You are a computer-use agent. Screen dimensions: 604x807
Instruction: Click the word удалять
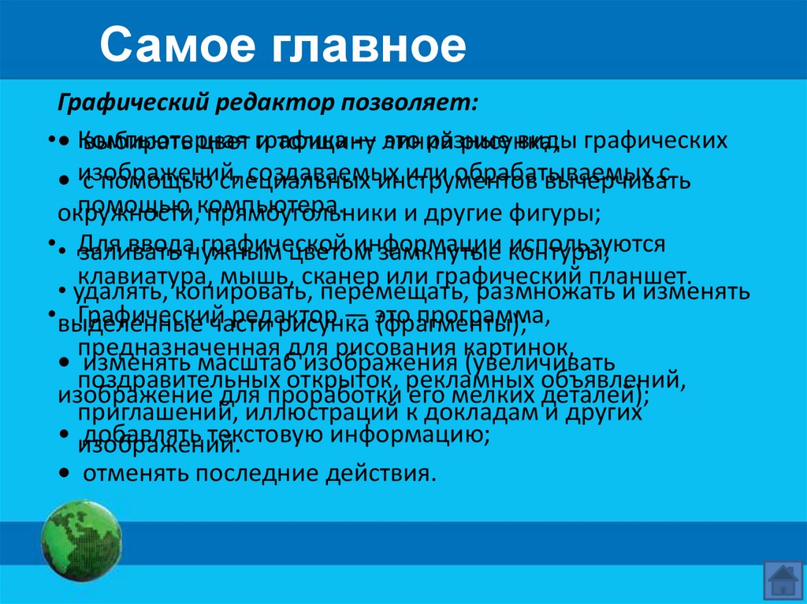point(110,294)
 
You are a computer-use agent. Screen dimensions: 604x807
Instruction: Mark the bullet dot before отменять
point(62,474)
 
